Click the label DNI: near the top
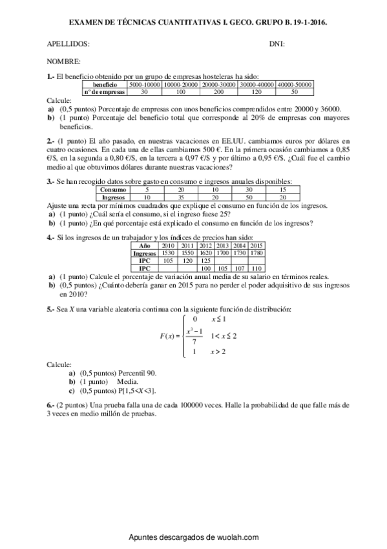[277, 44]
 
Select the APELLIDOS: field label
[68, 44]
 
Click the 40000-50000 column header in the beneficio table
[295, 85]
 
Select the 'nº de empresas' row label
[105, 92]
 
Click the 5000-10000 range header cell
[144, 85]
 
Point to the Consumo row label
[113, 190]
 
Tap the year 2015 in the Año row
[256, 247]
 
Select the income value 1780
[256, 254]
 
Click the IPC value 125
[205, 260]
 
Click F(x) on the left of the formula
[169, 336]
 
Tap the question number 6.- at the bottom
[51, 403]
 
